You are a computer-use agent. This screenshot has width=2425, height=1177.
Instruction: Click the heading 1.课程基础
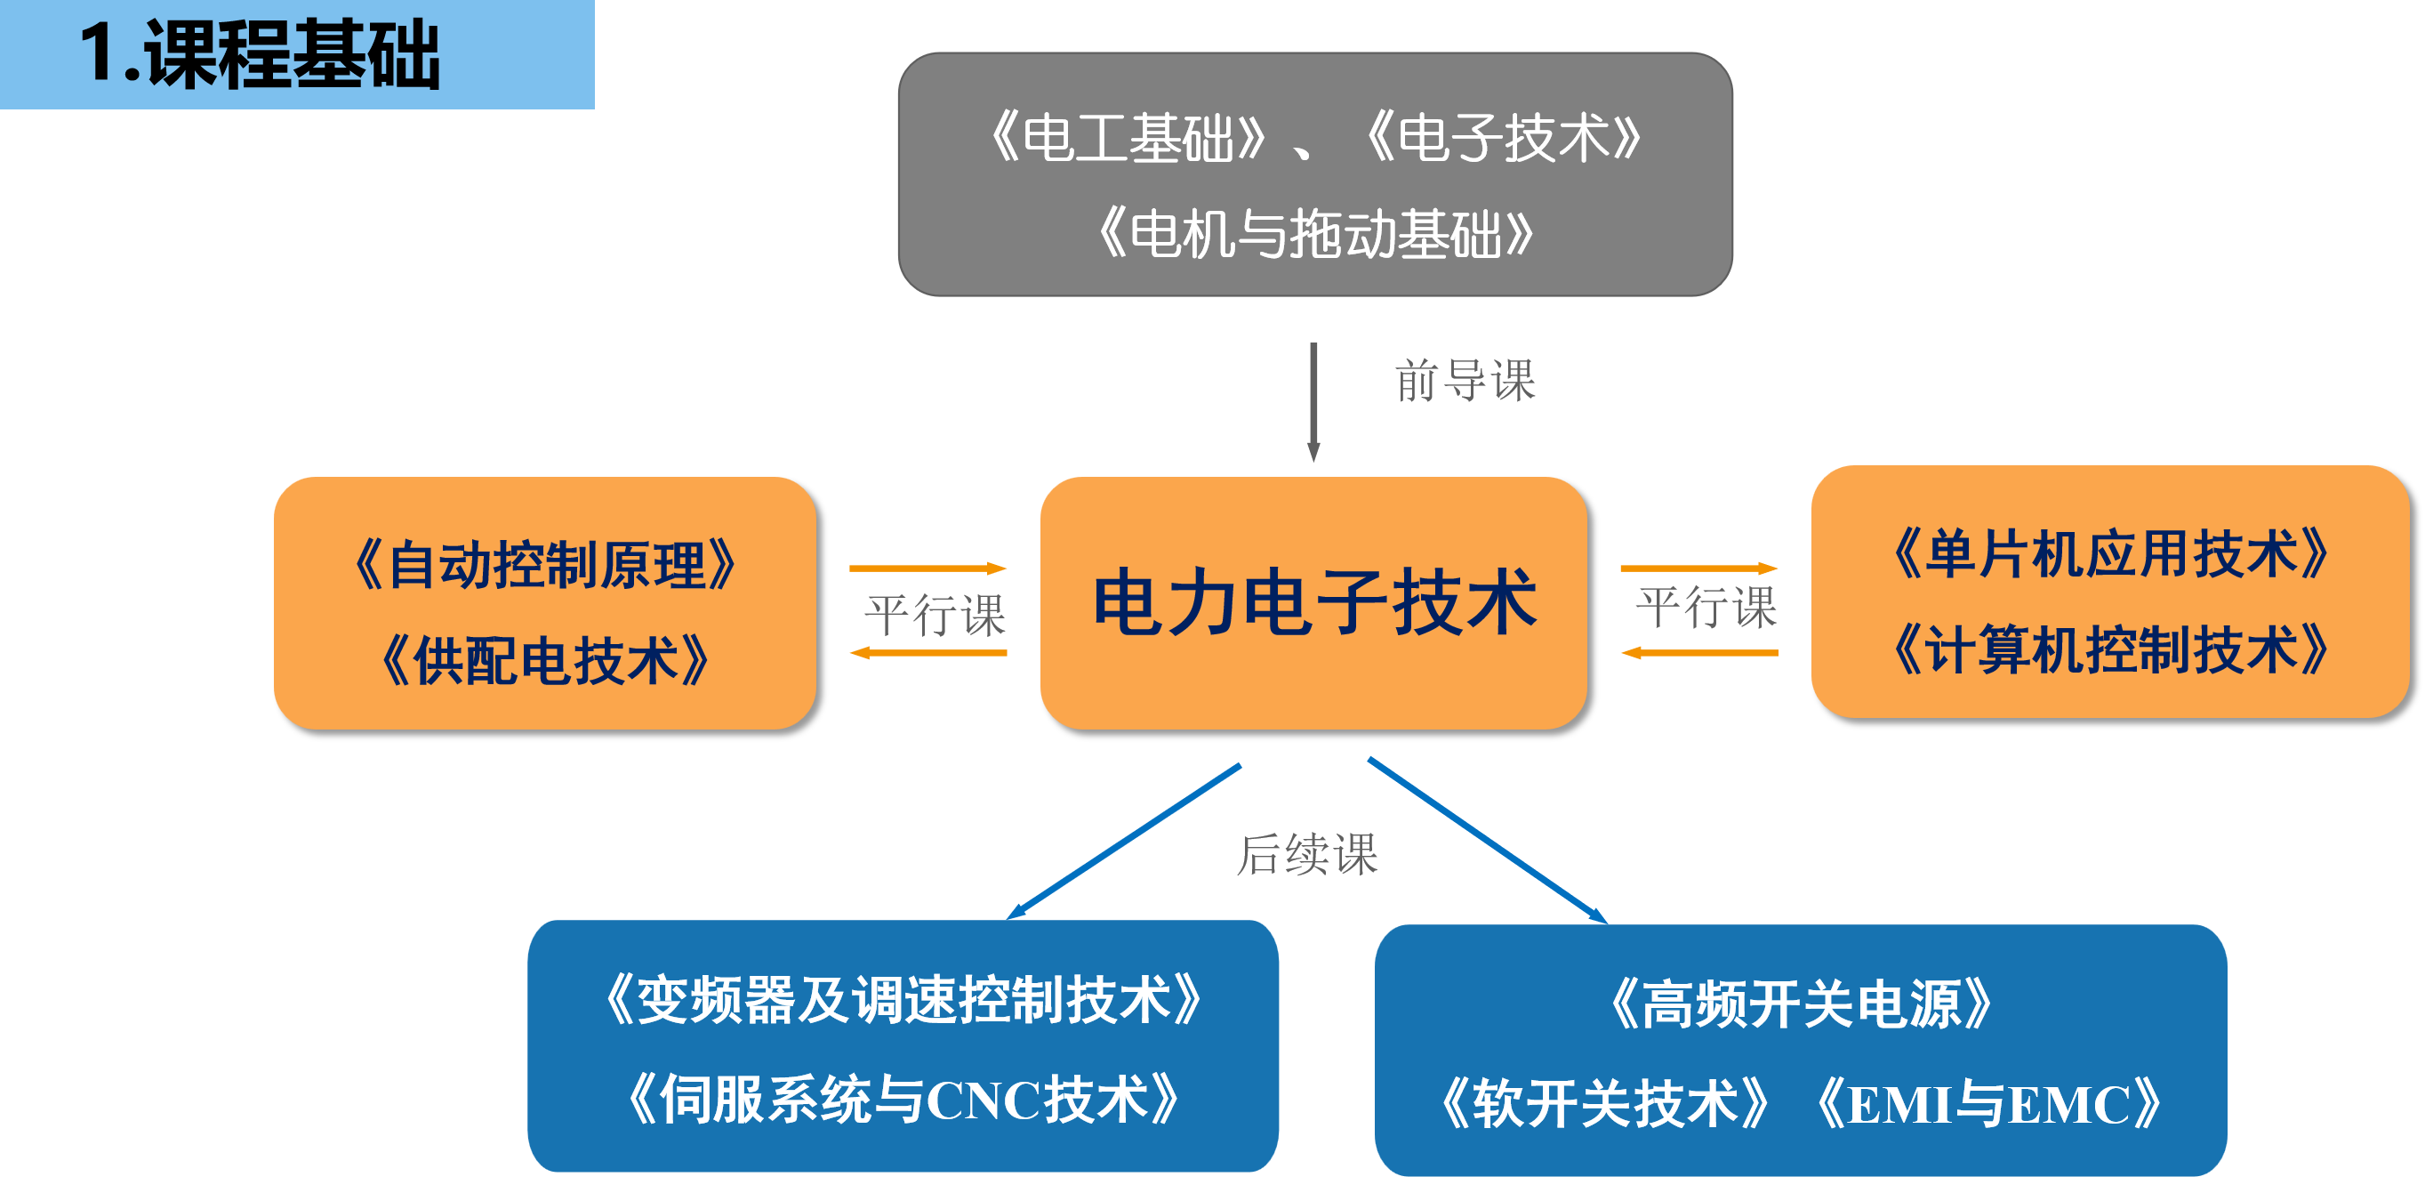point(260,54)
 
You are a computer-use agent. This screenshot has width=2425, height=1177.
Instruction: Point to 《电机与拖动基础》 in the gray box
point(1315,233)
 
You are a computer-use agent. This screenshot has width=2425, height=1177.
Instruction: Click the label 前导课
point(1465,381)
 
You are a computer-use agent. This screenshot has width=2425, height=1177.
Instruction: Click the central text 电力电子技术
point(1314,602)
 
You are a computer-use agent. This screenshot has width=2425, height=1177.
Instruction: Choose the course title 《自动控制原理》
point(545,566)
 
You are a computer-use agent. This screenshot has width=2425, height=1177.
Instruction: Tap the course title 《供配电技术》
point(545,661)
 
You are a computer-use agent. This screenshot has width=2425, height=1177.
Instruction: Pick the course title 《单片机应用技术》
point(2109,553)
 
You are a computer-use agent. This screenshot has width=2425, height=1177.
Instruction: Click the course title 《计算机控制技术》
point(2109,649)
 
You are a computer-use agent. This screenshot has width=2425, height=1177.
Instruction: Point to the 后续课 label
point(1306,854)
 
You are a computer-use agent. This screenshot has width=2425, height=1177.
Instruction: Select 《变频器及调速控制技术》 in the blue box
point(903,1000)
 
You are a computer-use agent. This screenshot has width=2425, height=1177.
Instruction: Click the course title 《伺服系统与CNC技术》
point(903,1099)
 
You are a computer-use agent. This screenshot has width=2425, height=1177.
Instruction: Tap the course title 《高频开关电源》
point(1801,1004)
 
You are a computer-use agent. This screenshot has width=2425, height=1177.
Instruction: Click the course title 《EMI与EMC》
point(1987,1103)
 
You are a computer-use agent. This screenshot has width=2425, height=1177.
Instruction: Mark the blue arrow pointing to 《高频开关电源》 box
point(1488,840)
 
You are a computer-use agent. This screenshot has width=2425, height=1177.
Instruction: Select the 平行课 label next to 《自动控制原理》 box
point(935,615)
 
